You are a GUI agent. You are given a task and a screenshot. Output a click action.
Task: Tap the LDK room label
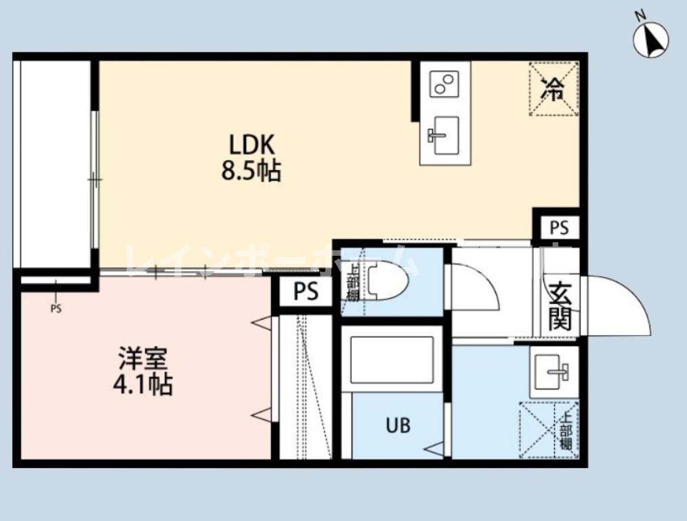pyautogui.click(x=251, y=144)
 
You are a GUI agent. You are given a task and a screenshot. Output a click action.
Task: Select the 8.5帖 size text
pyautogui.click(x=251, y=171)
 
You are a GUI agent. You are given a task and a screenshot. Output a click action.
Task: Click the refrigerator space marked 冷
pyautogui.click(x=554, y=89)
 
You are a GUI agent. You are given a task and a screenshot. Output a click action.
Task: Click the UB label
pyautogui.click(x=398, y=426)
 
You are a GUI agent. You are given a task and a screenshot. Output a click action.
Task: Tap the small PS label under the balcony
pyautogui.click(x=56, y=309)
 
